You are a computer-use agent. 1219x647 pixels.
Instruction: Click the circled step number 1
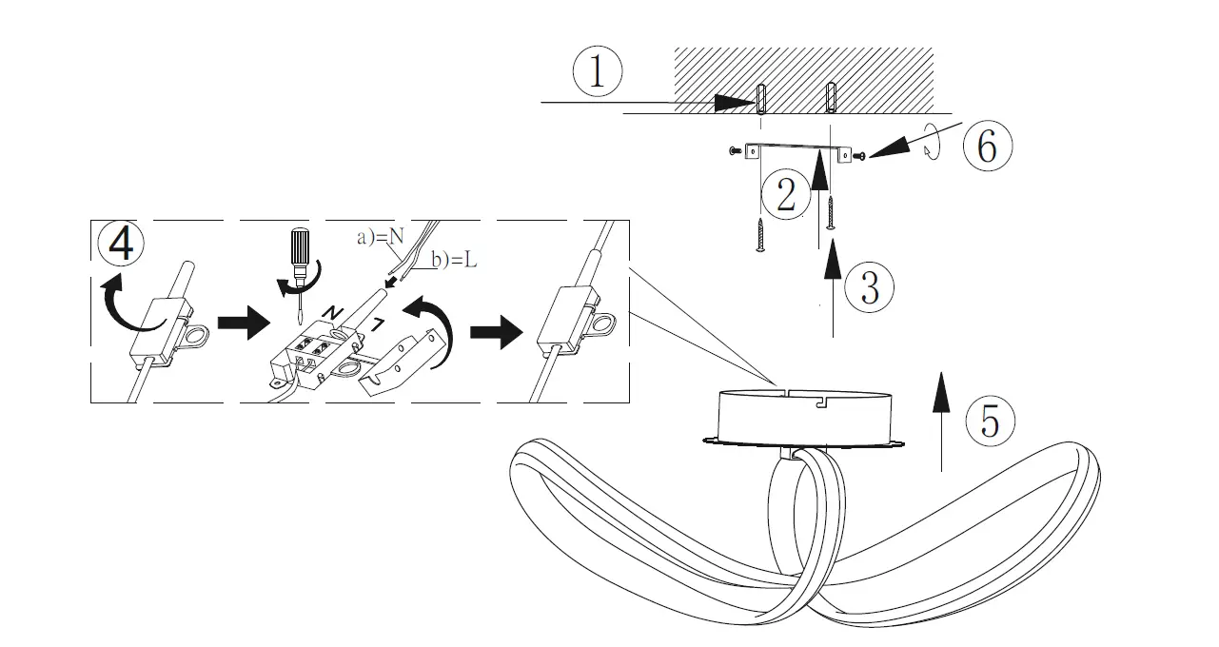point(597,73)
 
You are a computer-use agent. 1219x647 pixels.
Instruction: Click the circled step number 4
point(121,244)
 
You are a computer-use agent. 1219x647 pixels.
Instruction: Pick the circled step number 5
point(990,422)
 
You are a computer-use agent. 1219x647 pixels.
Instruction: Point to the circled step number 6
point(987,147)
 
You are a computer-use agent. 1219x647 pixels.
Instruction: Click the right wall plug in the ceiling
point(832,96)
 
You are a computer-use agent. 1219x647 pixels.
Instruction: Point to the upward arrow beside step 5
point(941,419)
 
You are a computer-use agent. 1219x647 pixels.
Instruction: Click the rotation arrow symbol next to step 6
point(935,145)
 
